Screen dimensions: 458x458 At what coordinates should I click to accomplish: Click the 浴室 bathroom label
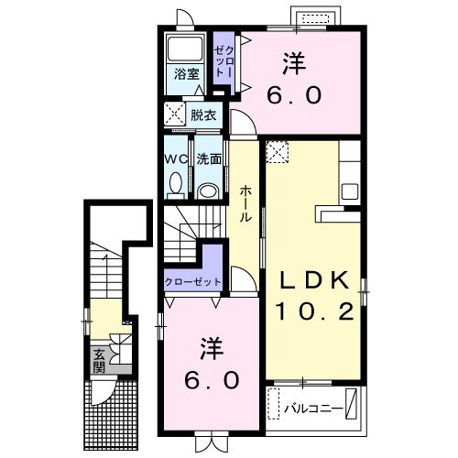(x=188, y=75)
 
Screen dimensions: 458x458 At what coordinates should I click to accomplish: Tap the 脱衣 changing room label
(x=203, y=115)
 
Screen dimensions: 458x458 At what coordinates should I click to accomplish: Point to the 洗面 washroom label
(x=208, y=158)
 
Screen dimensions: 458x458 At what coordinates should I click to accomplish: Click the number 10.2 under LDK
(x=315, y=312)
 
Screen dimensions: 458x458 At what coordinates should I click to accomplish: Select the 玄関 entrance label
(x=98, y=360)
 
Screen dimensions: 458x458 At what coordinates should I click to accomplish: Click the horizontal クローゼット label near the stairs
(x=192, y=280)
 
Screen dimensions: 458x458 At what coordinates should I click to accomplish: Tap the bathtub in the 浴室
(x=188, y=50)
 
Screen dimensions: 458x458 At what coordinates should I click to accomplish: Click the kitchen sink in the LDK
(x=349, y=191)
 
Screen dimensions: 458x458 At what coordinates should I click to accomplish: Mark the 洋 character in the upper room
(x=293, y=63)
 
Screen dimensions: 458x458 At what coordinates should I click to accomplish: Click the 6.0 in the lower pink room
(x=213, y=378)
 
